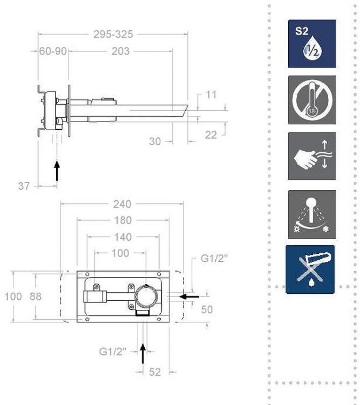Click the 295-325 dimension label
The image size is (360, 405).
113,34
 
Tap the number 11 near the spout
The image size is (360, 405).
212,94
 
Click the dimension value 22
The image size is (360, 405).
211,134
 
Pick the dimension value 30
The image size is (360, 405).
155,141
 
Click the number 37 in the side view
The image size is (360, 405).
24,186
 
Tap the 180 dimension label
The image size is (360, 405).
122,220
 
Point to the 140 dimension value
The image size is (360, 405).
123,237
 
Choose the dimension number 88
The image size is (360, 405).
35,297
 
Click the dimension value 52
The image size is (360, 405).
154,372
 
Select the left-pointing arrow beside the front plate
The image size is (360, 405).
193,295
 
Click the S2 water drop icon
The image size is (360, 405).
311,44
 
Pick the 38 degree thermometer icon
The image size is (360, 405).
311,99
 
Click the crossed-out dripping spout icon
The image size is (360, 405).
310,269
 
